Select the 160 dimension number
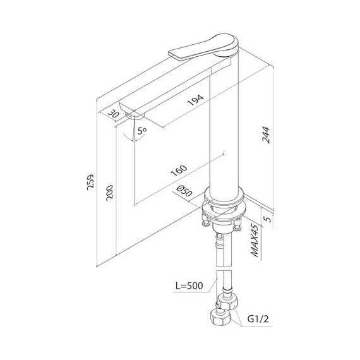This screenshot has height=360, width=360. coord(179,171)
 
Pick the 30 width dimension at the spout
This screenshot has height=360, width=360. coord(114,114)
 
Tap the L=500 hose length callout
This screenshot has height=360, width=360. coord(189,285)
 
